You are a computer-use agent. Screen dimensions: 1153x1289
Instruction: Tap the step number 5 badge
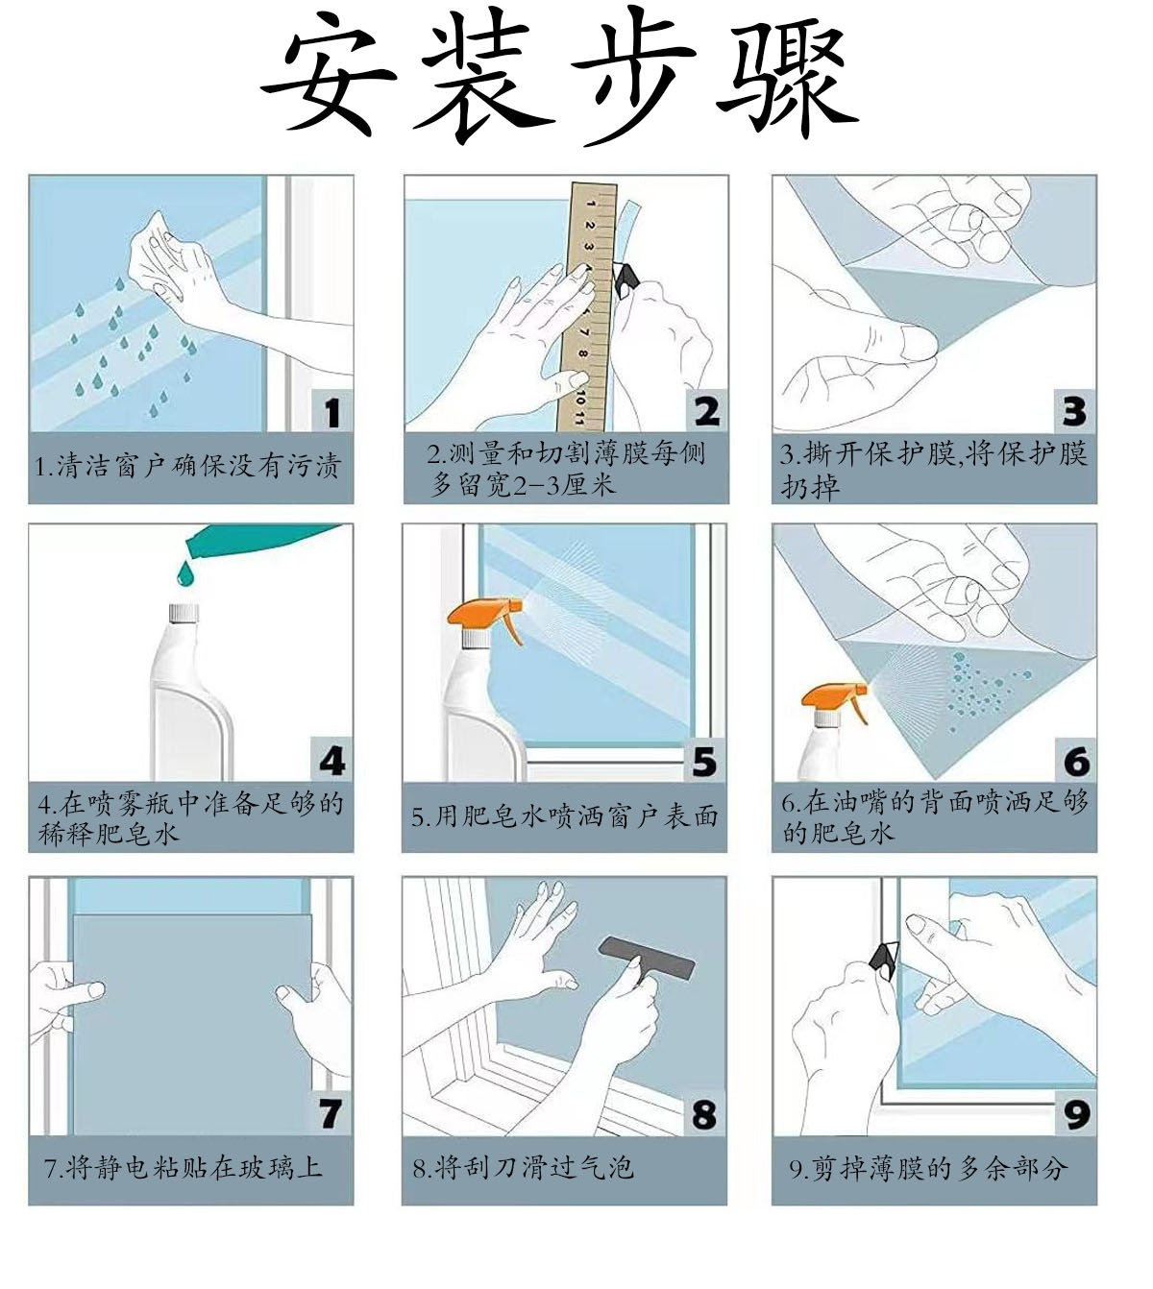704,761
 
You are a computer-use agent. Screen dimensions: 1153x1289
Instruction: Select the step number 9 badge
1075,1113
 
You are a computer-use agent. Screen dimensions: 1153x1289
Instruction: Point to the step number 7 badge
331,1113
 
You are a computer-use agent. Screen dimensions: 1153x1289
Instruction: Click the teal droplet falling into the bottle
185,572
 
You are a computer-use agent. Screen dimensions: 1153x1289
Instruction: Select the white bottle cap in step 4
184,612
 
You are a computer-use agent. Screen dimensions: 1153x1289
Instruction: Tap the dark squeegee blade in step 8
647,958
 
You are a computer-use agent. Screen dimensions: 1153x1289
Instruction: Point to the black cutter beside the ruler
626,280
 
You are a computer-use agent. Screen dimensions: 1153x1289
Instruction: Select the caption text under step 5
564,816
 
